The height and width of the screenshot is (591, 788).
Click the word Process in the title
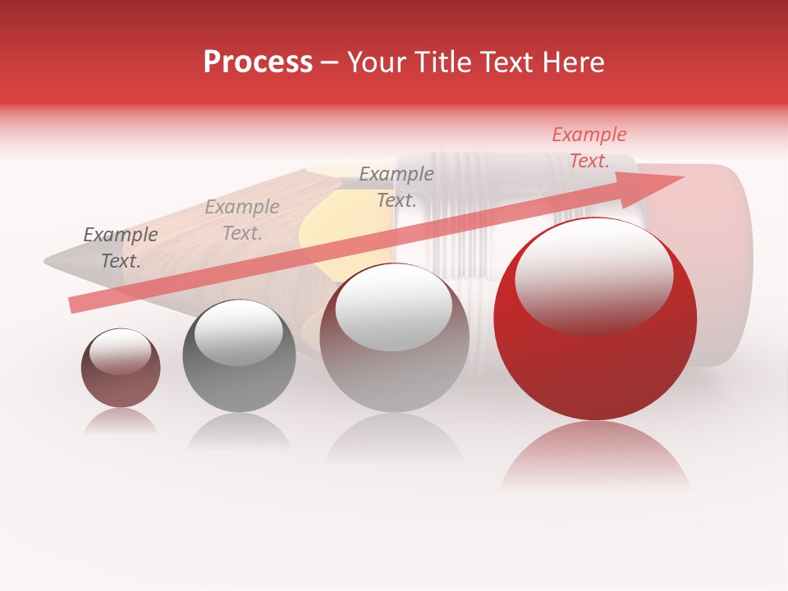pyautogui.click(x=258, y=62)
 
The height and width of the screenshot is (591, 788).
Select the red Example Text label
pyautogui.click(x=589, y=148)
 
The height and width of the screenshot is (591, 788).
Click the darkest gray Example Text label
pyautogui.click(x=120, y=248)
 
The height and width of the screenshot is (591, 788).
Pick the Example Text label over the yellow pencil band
pyautogui.click(x=396, y=186)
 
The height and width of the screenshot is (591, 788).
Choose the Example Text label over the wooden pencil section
pyautogui.click(x=241, y=220)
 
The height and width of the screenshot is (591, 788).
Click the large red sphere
pyautogui.click(x=595, y=345)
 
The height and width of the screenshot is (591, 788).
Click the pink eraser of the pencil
pyautogui.click(x=722, y=263)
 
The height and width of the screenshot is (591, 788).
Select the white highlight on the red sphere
pyautogui.click(x=593, y=275)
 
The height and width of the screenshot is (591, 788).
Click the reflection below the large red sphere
pyautogui.click(x=595, y=456)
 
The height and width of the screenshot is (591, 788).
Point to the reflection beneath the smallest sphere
pyautogui.click(x=121, y=421)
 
